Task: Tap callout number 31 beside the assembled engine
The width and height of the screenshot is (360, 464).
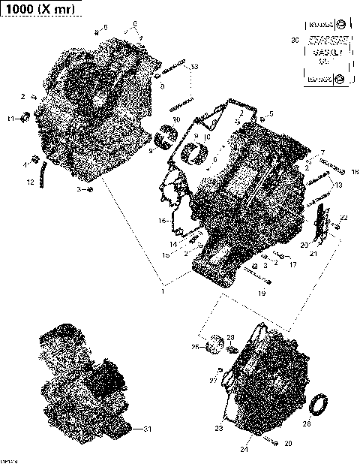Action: click(x=147, y=429)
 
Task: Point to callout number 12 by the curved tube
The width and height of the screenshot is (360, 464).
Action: click(x=31, y=182)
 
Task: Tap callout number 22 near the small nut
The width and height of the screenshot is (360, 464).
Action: click(x=344, y=217)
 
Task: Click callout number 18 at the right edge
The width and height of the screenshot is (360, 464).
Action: click(x=353, y=171)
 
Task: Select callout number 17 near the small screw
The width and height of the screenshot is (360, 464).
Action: click(x=292, y=264)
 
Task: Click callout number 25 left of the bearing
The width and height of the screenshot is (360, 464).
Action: click(x=194, y=347)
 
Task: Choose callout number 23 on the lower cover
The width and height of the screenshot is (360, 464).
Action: click(x=220, y=429)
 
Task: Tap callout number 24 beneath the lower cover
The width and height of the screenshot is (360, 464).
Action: click(x=244, y=449)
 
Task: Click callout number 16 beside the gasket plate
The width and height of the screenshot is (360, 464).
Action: click(x=161, y=221)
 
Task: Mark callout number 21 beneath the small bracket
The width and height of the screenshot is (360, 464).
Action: click(x=314, y=254)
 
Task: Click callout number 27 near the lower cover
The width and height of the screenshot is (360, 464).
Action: click(x=212, y=381)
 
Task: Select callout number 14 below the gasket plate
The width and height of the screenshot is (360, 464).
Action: click(x=173, y=244)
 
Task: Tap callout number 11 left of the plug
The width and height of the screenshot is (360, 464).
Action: click(x=10, y=119)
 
